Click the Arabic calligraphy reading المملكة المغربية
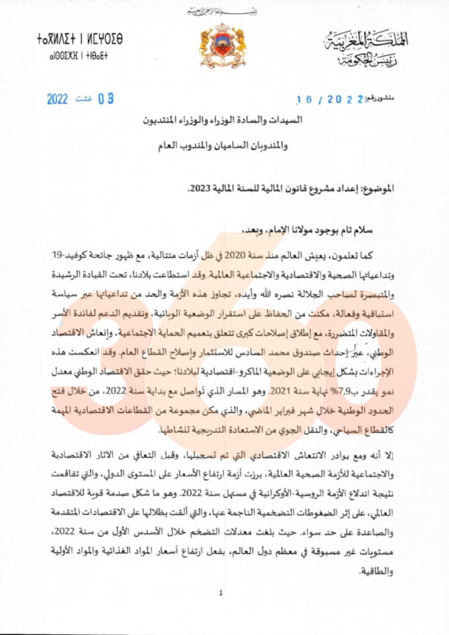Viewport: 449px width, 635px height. pyautogui.click(x=367, y=41)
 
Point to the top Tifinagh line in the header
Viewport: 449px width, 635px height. pyautogui.click(x=80, y=40)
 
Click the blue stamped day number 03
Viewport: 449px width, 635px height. pyautogui.click(x=105, y=99)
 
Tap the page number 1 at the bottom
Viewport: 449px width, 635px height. pyautogui.click(x=220, y=593)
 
